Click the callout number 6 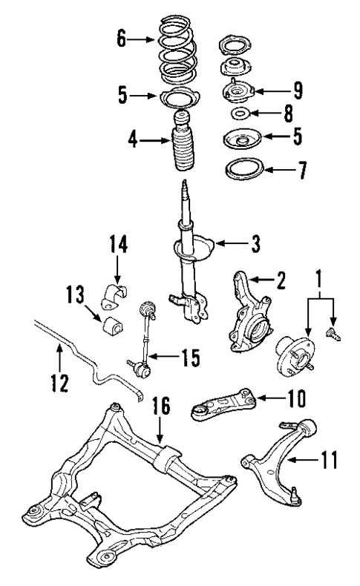point(122,39)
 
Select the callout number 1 point(321,280)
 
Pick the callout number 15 point(190,358)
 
